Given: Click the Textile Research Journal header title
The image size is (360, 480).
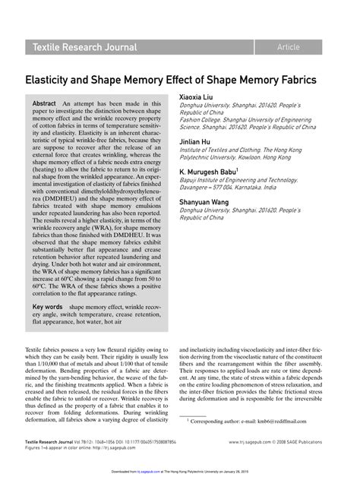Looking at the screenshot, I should (84, 47).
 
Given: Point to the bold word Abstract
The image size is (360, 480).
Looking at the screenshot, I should (45, 103).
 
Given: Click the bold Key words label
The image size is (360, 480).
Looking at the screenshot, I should (47, 307).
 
